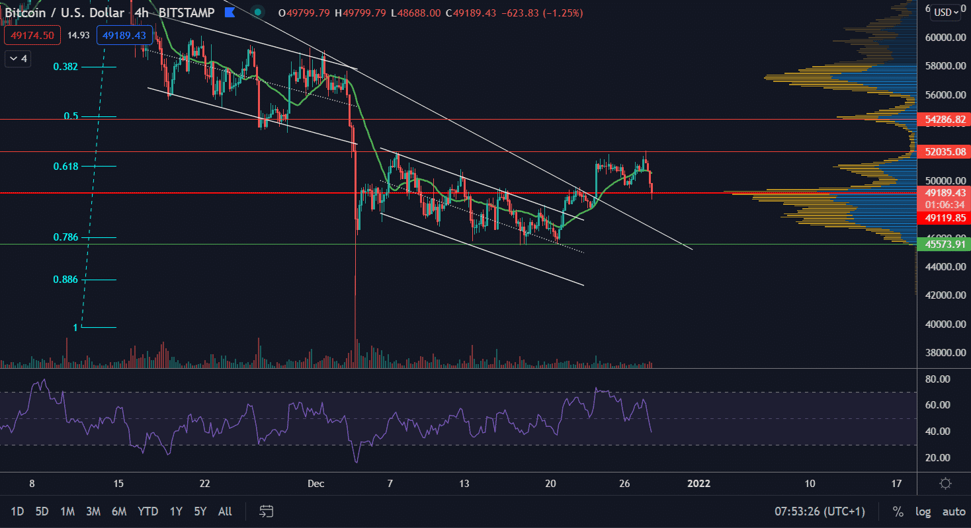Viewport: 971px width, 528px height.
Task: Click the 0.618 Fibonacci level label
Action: [65, 167]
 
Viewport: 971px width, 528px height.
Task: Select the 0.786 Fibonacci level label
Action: [65, 237]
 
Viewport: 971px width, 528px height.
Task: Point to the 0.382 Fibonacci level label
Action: [65, 67]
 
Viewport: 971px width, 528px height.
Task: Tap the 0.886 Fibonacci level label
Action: [65, 280]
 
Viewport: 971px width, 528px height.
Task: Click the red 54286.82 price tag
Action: [943, 120]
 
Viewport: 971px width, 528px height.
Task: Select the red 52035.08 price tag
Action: [943, 152]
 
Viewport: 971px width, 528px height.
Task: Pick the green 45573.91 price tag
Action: [943, 245]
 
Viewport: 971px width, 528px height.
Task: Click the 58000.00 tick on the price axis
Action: [943, 66]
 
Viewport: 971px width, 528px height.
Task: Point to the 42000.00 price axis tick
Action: [943, 295]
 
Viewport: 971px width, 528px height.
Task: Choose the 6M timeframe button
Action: [119, 511]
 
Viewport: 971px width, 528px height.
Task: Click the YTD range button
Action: [148, 511]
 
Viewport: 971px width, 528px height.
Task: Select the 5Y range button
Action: [200, 511]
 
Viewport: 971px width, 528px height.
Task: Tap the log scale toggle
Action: [923, 511]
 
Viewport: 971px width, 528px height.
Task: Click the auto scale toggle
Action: [953, 511]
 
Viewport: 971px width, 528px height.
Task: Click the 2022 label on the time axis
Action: [698, 483]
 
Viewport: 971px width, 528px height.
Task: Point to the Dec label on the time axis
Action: [316, 483]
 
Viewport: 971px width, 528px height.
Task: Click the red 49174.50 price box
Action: [32, 35]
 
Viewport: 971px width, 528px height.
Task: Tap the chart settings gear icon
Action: [945, 483]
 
